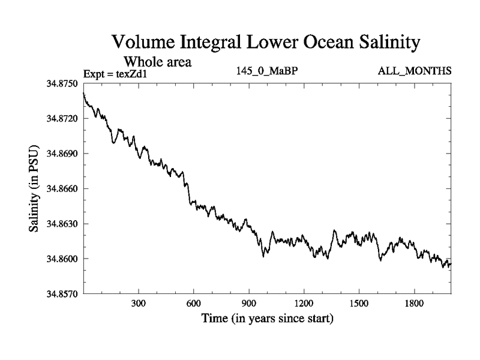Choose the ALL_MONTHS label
[415, 71]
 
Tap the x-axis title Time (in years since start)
[267, 318]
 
